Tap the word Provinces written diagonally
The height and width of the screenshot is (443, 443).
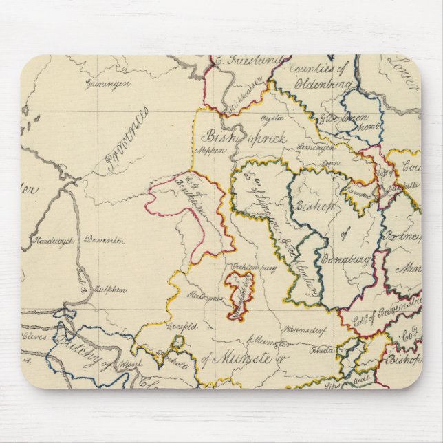(x=127, y=140)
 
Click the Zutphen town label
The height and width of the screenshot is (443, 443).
(x=110, y=290)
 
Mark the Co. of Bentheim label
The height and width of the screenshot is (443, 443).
(x=180, y=199)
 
